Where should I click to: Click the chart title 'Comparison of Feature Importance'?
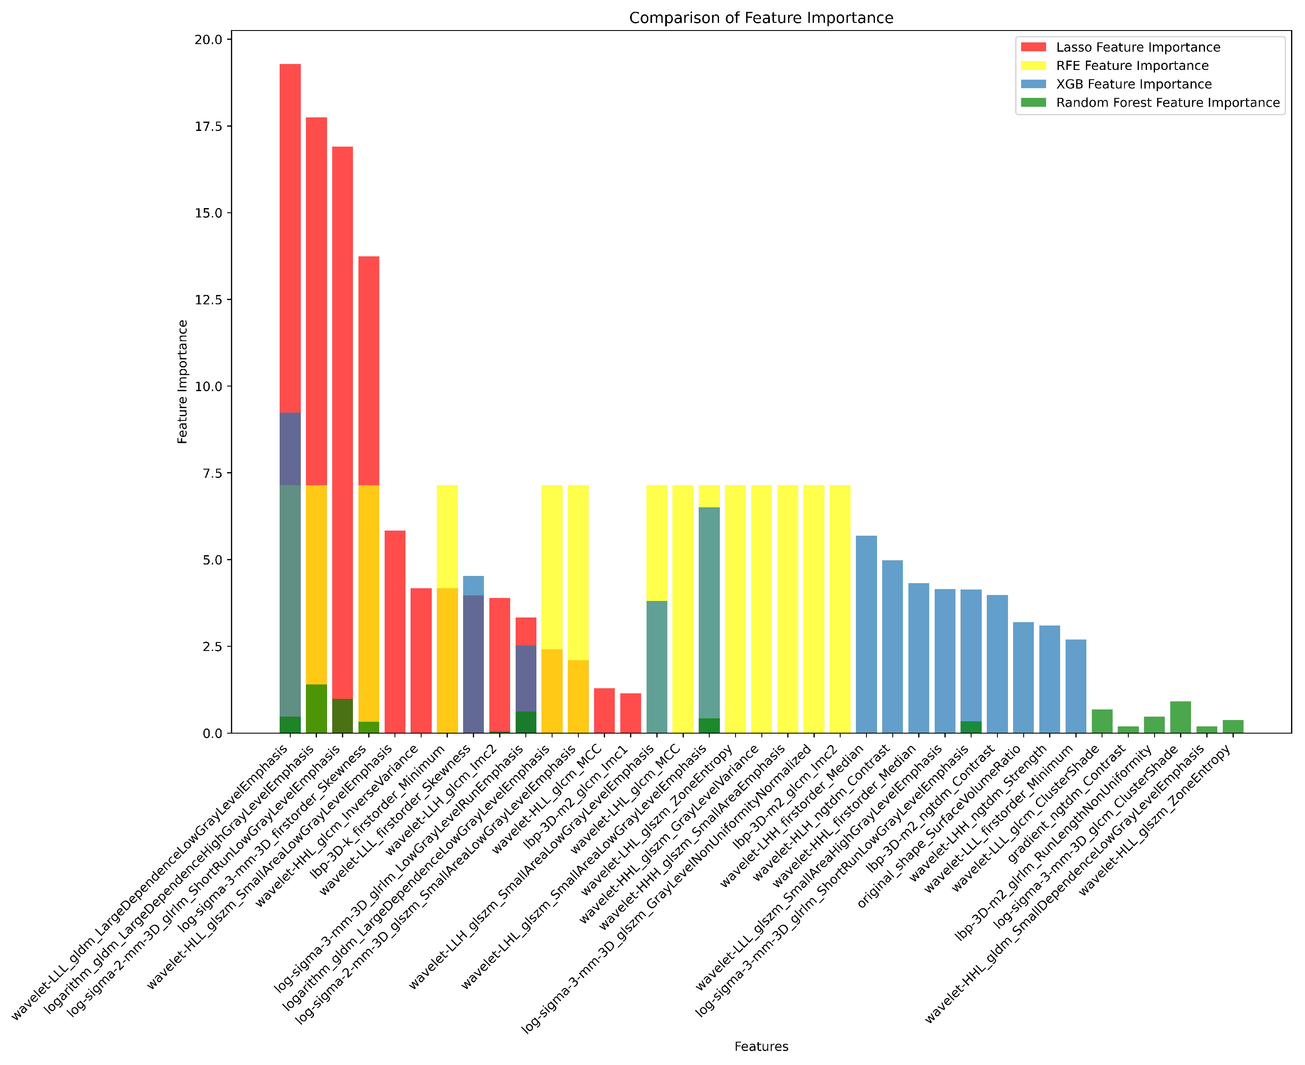coord(761,18)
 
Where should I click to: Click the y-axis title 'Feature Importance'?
coord(183,381)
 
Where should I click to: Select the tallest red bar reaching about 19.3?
coord(290,245)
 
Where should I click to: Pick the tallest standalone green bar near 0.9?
coord(1180,718)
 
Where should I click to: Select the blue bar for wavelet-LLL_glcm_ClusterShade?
coord(1076,687)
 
